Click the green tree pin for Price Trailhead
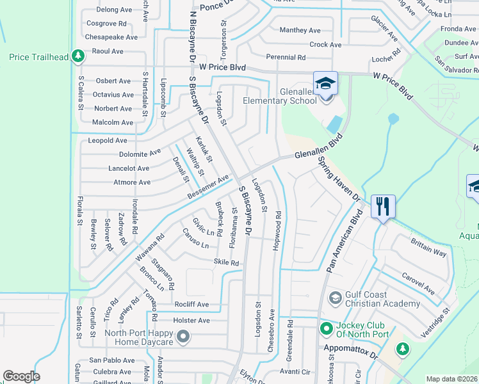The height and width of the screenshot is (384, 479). (77, 57)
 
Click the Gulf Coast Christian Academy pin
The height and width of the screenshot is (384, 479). (335, 298)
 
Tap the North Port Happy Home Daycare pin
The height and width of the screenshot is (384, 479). (184, 335)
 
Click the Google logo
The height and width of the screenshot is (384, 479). (22, 376)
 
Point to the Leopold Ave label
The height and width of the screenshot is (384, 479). (108, 140)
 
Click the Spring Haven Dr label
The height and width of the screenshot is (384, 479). (338, 179)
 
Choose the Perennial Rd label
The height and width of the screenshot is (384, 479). (286, 58)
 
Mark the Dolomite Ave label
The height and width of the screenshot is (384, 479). (140, 154)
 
